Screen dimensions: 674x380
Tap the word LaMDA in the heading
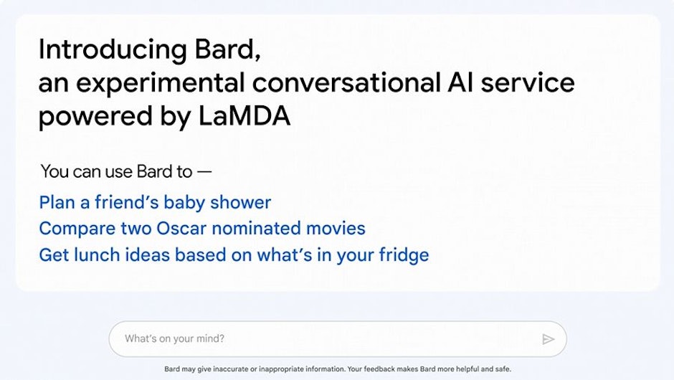coord(245,116)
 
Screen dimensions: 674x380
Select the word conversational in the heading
coord(346,82)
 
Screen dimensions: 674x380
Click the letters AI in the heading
coord(460,82)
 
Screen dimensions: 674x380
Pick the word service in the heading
coord(528,82)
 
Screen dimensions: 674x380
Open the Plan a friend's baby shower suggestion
coord(155,202)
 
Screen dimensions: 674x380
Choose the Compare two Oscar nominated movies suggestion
coord(202,228)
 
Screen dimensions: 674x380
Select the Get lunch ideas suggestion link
coord(234,255)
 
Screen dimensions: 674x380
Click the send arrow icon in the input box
coord(548,339)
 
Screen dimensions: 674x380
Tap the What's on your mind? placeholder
coord(174,338)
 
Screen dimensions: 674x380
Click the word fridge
coord(404,255)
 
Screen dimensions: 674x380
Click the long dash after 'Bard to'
coord(204,172)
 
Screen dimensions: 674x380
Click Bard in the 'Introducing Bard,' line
coord(227,50)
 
